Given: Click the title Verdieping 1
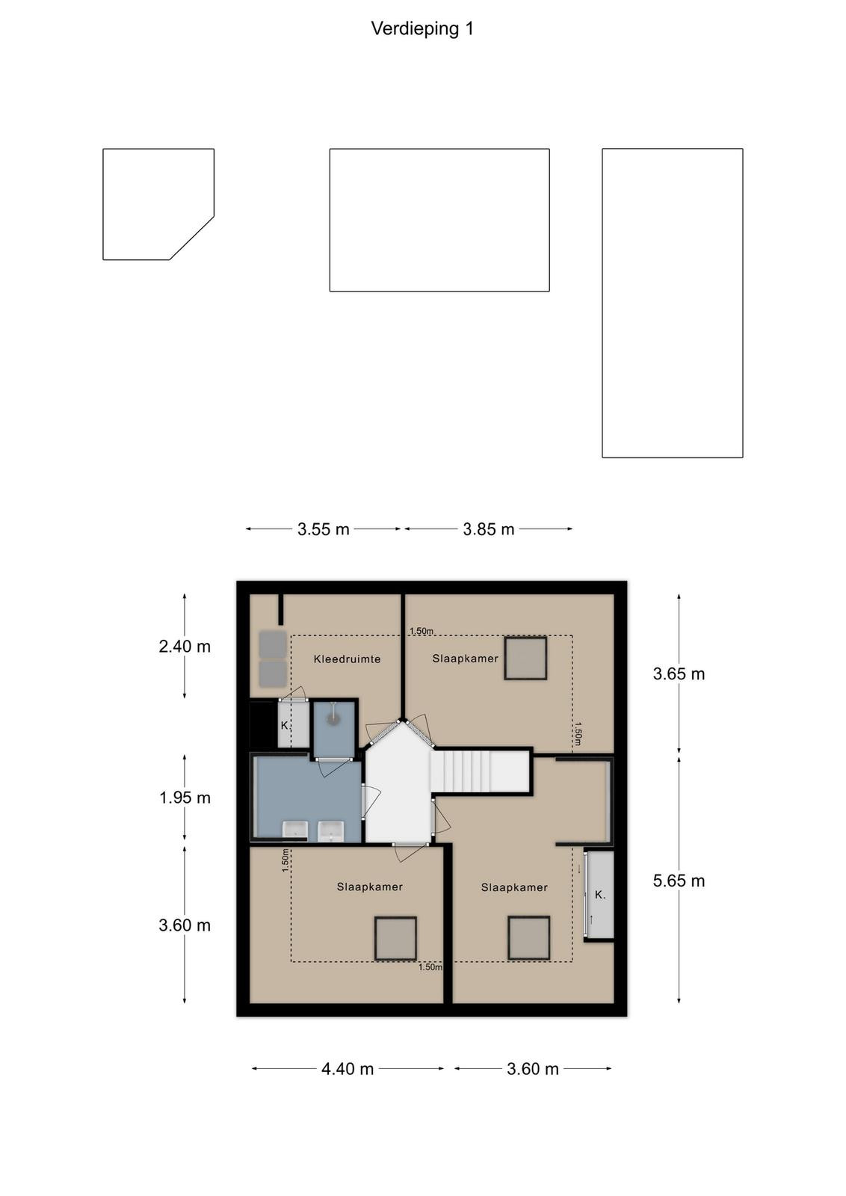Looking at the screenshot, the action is pyautogui.click(x=422, y=29).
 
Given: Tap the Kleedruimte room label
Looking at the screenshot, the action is pyautogui.click(x=347, y=659).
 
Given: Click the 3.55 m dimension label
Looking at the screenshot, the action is pyautogui.click(x=324, y=529).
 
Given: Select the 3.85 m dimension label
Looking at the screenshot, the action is pyautogui.click(x=488, y=529).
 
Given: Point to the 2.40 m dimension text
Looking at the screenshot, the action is pyautogui.click(x=185, y=647).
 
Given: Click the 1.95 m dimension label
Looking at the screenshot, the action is pyautogui.click(x=185, y=798).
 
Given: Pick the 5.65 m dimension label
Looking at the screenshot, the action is pyautogui.click(x=679, y=881).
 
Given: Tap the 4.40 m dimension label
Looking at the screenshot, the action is pyautogui.click(x=348, y=1069).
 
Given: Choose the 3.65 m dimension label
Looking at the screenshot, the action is pyautogui.click(x=679, y=673).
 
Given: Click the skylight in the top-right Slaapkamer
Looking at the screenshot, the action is pyautogui.click(x=525, y=659).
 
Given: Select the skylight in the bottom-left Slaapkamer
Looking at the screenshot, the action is pyautogui.click(x=395, y=938).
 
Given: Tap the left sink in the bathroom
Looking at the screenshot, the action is pyautogui.click(x=295, y=830).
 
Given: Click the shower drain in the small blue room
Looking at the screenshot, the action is pyautogui.click(x=333, y=718).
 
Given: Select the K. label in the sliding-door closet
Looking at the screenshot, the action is pyautogui.click(x=600, y=895).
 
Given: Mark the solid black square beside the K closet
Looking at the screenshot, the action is pyautogui.click(x=263, y=724).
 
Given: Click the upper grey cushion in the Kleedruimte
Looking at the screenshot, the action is pyautogui.click(x=273, y=644).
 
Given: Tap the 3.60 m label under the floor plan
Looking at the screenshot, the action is pyautogui.click(x=533, y=1069).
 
